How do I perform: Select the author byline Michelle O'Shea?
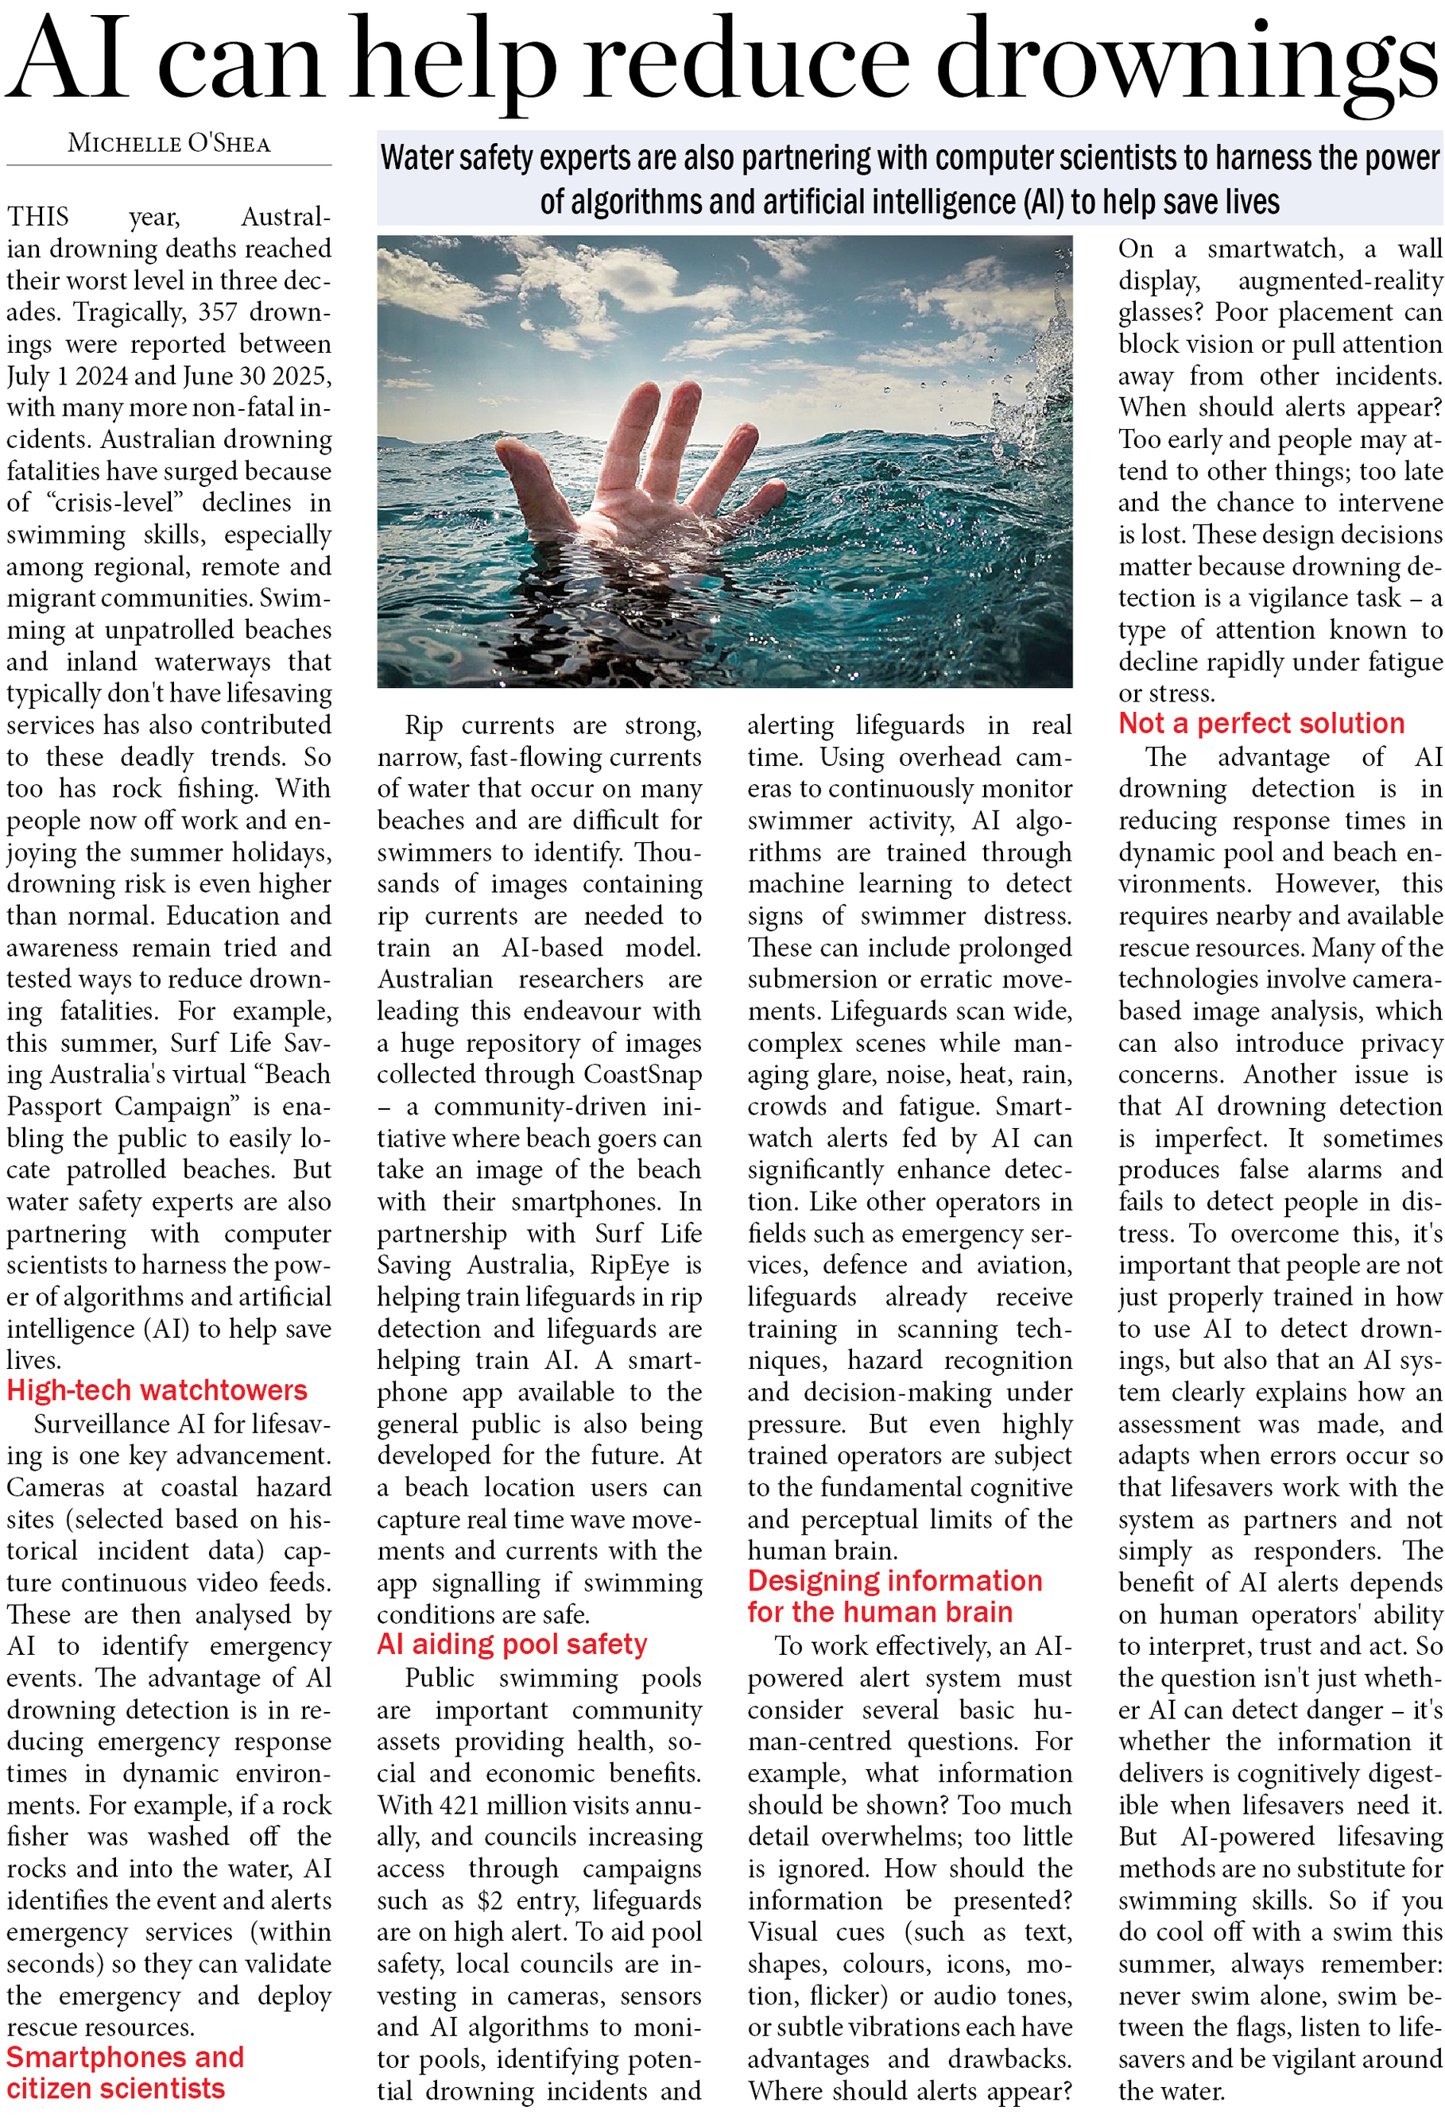point(169,144)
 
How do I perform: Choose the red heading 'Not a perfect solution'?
point(1261,724)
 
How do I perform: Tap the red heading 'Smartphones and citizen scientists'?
point(125,2074)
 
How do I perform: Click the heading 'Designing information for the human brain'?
point(893,1597)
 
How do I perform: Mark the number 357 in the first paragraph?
point(218,312)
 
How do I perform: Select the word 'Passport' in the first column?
point(55,1107)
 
